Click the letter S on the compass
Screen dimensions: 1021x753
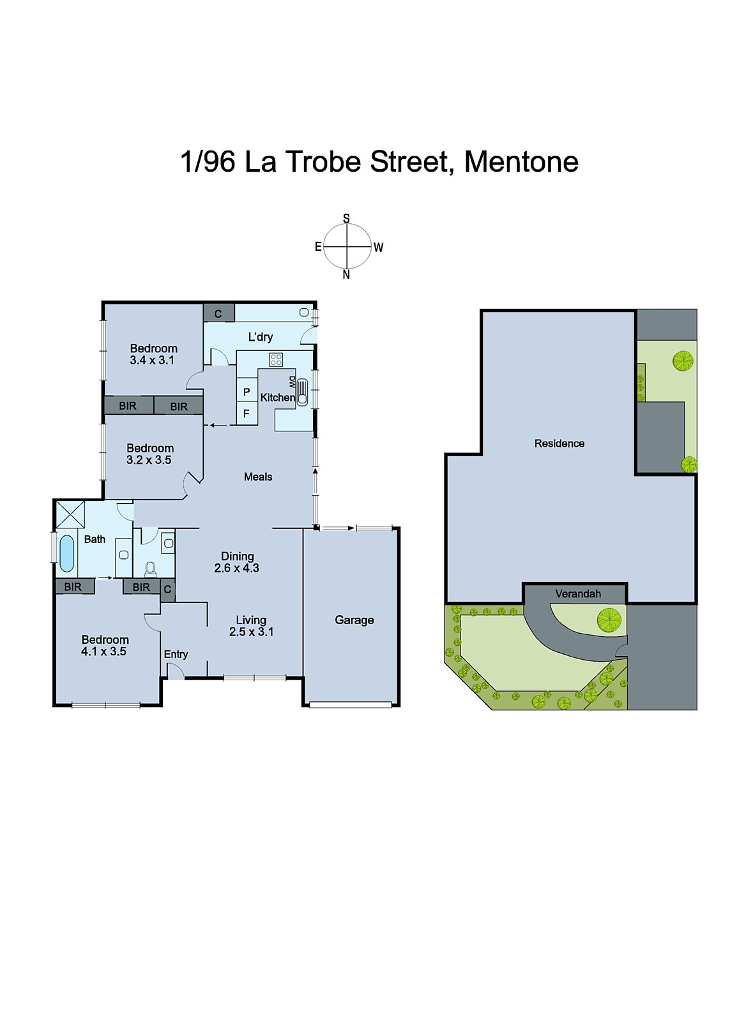click(346, 218)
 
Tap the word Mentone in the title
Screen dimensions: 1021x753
click(521, 161)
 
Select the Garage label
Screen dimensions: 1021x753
click(354, 620)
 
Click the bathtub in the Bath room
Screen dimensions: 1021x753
click(66, 553)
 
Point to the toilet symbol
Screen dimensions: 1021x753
click(151, 568)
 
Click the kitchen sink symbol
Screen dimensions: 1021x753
click(302, 392)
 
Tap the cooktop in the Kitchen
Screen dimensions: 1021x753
click(276, 359)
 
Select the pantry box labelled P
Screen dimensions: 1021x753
click(247, 392)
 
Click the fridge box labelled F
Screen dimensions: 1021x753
click(247, 414)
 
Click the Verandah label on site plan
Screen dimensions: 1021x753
click(577, 593)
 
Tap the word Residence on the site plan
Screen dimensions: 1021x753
click(559, 443)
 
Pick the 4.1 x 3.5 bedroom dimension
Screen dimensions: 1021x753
click(103, 652)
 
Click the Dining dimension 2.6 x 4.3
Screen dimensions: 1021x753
click(236, 568)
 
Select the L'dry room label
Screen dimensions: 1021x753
click(261, 337)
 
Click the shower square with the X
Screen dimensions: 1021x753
click(70, 514)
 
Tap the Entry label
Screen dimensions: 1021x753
click(176, 654)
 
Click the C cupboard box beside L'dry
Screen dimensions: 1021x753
click(218, 313)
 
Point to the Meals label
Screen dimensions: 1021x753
click(258, 477)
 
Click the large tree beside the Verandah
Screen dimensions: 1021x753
click(609, 618)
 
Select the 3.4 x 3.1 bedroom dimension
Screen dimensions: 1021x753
click(152, 360)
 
